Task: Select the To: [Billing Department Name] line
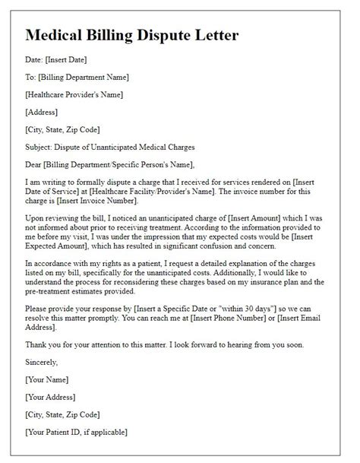pos(77,77)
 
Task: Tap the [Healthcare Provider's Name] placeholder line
pos(74,94)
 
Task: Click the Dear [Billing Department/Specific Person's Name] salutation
pos(109,164)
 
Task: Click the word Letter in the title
pos(217,35)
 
